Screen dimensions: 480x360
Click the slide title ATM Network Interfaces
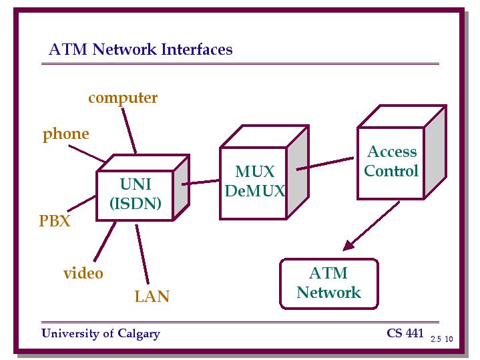[x=140, y=49]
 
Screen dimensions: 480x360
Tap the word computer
[x=123, y=98]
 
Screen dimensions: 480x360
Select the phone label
[x=66, y=134]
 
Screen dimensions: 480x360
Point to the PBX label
[x=55, y=220]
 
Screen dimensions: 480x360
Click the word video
[x=83, y=273]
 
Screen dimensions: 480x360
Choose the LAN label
[x=152, y=297]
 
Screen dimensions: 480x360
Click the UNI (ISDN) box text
[x=136, y=194]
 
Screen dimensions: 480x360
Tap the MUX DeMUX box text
[x=255, y=181]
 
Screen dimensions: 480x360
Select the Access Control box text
[x=391, y=161]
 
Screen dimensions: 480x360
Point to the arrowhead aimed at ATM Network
[x=348, y=245]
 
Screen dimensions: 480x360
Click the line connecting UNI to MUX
[x=201, y=182]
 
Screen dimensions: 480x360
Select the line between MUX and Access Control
[x=325, y=164]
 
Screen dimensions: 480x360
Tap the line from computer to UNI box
[x=129, y=131]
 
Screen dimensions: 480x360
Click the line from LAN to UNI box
[x=142, y=254]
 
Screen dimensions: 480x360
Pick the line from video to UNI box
[x=105, y=242]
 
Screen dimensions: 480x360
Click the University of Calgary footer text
[x=101, y=334]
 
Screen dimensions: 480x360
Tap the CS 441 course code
[x=405, y=333]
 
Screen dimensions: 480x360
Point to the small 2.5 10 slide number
[x=442, y=339]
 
